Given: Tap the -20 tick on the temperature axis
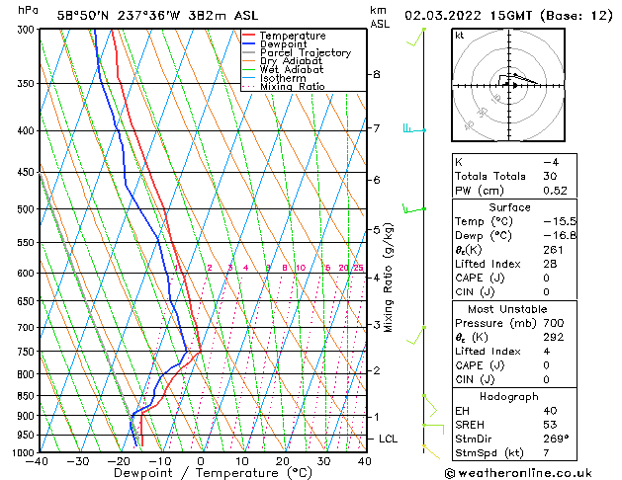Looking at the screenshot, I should pyautogui.click(x=119, y=461).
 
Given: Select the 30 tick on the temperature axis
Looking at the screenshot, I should pyautogui.click(x=323, y=461).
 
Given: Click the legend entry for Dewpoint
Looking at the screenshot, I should pyautogui.click(x=282, y=44).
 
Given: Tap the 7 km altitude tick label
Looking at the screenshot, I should pyautogui.click(x=377, y=128).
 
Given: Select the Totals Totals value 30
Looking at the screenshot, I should pyautogui.click(x=550, y=176).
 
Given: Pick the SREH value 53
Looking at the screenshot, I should pyautogui.click(x=550, y=425).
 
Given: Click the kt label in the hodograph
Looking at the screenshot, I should pyautogui.click(x=460, y=36).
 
